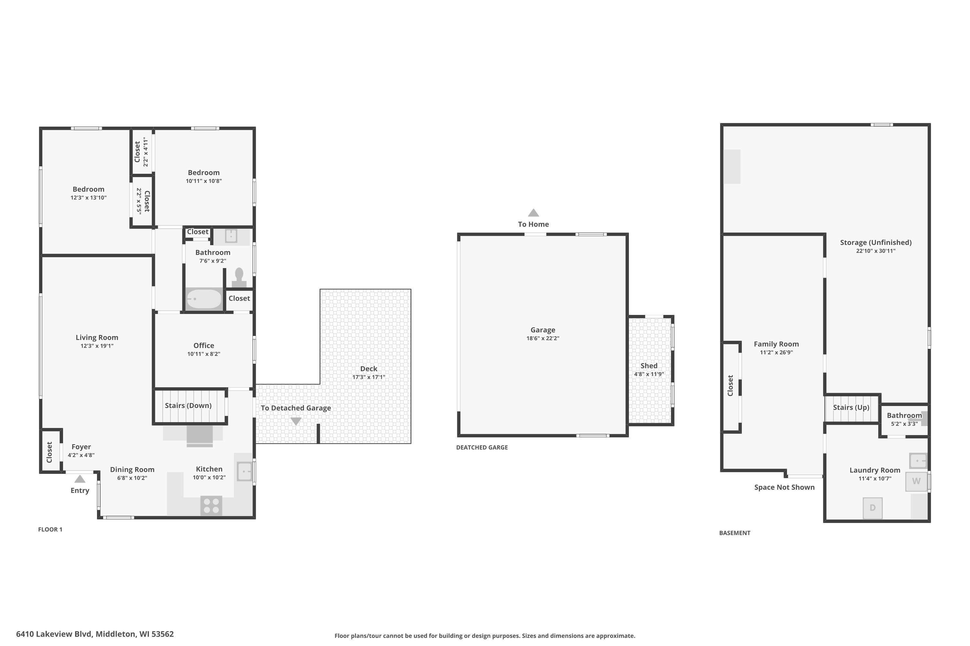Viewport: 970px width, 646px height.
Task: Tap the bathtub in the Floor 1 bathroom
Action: (x=204, y=299)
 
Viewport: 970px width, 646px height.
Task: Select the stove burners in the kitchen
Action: (x=211, y=506)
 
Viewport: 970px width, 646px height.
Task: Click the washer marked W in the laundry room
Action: (x=916, y=481)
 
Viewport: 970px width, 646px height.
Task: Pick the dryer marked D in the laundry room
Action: (x=872, y=508)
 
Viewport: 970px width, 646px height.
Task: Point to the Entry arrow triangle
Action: (x=80, y=479)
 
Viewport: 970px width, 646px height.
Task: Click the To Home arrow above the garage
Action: (x=533, y=213)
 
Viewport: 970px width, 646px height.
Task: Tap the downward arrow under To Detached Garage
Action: (x=296, y=421)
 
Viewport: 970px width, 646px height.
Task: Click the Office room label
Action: (x=204, y=345)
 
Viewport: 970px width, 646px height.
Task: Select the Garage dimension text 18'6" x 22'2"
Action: (x=543, y=338)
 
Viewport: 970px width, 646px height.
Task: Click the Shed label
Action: (x=649, y=365)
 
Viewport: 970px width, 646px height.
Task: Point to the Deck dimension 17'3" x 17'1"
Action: (x=369, y=377)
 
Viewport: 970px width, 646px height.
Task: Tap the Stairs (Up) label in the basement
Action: (x=851, y=407)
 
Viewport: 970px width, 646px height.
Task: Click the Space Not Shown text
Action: (x=784, y=487)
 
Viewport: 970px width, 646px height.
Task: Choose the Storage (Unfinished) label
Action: (x=876, y=242)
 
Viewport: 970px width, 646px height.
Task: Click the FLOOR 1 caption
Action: (x=50, y=529)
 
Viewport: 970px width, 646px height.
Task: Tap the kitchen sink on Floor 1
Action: (x=244, y=471)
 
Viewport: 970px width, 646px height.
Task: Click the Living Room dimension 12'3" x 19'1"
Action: (x=97, y=346)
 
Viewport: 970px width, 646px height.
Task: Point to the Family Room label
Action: (x=776, y=344)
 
